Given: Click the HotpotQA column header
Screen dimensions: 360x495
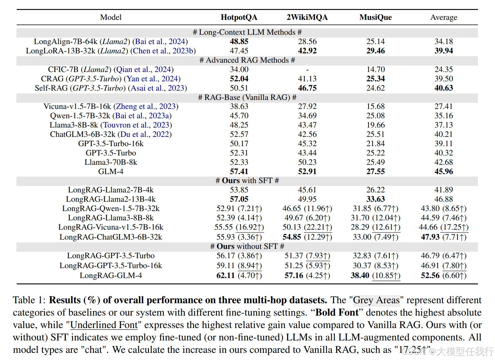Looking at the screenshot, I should (x=239, y=17).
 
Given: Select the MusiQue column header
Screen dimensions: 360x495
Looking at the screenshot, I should (x=376, y=17).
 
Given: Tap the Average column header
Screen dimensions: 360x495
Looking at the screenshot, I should (x=443, y=17).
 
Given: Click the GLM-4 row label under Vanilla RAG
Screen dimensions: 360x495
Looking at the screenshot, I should (x=111, y=171).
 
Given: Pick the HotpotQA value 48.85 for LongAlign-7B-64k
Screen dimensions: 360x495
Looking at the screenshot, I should (x=239, y=42).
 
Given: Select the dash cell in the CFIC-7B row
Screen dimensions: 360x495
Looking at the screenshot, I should (x=307, y=70).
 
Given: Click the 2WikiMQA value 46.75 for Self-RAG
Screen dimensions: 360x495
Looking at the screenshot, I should (x=307, y=88).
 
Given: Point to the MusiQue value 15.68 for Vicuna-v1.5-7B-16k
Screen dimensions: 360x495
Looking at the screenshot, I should (x=376, y=106).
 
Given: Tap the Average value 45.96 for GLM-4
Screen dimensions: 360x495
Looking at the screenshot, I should (x=443, y=171).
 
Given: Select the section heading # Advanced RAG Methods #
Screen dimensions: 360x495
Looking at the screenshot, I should (x=247, y=60).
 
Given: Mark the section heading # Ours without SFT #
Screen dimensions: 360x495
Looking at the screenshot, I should (x=247, y=246).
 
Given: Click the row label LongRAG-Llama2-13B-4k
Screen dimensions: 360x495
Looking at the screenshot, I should (x=111, y=199).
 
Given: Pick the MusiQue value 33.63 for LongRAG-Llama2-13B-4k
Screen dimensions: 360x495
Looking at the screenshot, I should (x=376, y=199).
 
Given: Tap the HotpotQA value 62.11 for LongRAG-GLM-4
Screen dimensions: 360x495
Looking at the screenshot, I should (x=226, y=276).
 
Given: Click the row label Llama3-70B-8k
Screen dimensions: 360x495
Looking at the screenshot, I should (x=111, y=162).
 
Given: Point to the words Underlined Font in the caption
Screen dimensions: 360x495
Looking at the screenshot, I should (x=104, y=325).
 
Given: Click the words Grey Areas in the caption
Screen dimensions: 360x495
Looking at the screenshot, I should (x=376, y=300).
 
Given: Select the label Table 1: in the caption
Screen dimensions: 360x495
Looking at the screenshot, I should (x=29, y=300).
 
